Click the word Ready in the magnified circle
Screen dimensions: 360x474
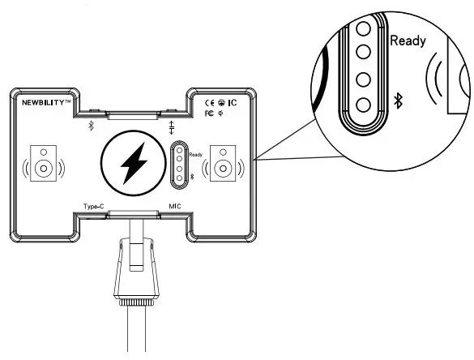coord(408,40)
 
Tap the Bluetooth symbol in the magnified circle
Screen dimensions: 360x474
coord(397,101)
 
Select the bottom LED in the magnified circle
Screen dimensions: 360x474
coord(365,103)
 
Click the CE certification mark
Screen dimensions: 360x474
coord(208,102)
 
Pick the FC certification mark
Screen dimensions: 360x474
coord(209,114)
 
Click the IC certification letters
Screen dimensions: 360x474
coord(232,102)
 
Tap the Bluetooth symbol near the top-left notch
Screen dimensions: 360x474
coord(92,126)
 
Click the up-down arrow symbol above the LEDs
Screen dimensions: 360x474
coord(171,127)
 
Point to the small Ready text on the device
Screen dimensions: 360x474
coord(195,154)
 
